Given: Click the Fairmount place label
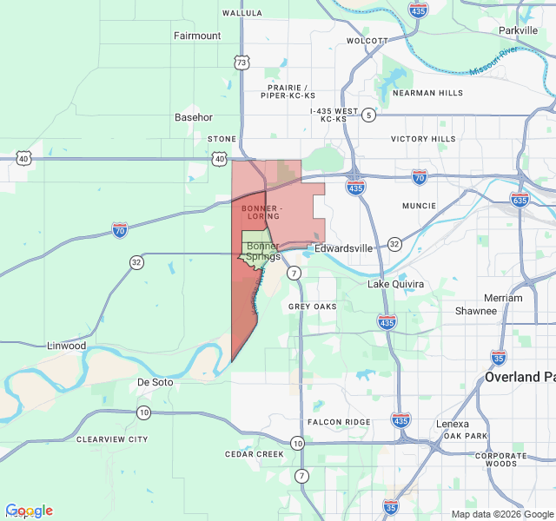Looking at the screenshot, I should coord(197,36).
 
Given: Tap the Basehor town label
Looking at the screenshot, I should coord(193,117).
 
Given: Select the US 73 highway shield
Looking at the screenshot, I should coord(242,63).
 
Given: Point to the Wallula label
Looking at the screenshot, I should coord(242,13).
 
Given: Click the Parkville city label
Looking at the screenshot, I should coord(519,30).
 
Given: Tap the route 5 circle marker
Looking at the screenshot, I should coord(369,115).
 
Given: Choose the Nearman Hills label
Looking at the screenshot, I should coord(427,93).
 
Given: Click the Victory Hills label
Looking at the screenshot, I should coord(423,139).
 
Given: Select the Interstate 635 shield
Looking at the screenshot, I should coord(520,200).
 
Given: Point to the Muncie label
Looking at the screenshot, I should coord(420,206).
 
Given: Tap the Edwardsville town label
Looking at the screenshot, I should coord(343,248).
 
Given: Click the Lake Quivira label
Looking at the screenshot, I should coord(395,284).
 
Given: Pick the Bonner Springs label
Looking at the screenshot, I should coord(262,251).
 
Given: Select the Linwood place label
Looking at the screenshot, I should coord(67,346).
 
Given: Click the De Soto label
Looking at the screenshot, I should coord(156,382).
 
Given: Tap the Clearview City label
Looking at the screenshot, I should coord(112,439).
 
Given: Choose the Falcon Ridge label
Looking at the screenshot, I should coord(339,422).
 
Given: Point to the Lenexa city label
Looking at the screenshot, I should coord(452,424).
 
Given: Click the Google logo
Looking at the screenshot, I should coord(29,511).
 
